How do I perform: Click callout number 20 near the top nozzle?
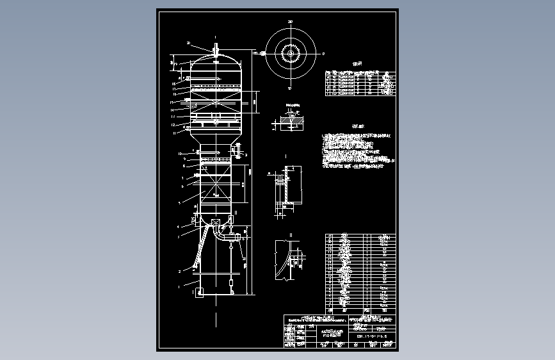tap(189, 43)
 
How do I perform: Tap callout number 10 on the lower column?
tap(180, 153)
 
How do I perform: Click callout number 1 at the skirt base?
tap(180, 282)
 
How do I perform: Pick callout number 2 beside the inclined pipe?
tap(180, 272)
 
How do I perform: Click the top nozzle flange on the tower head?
tap(216, 48)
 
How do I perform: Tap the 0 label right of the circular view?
tap(323, 54)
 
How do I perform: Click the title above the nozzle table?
tap(358, 64)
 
